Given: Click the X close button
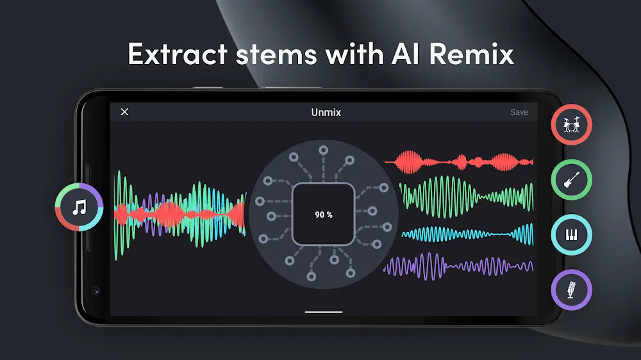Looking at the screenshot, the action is tap(125, 111).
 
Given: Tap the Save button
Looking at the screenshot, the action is tap(519, 112).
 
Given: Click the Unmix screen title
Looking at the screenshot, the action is tap(326, 112).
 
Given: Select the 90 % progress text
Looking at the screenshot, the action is tap(323, 215).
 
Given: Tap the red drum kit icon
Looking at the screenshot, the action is tap(572, 125).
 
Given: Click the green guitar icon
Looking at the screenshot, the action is tap(572, 180).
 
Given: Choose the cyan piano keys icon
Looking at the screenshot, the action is tap(572, 234).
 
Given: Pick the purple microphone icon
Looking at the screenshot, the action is tap(572, 290).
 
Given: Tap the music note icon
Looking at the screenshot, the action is tap(79, 207).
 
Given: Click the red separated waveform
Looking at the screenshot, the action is tap(459, 162).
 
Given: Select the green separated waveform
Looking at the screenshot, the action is tap(466, 197).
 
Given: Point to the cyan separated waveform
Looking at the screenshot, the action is tap(468, 234).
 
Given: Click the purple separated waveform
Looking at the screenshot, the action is tap(458, 266).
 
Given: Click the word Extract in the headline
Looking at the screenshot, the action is tap(178, 54).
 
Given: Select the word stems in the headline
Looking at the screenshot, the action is tap(276, 54).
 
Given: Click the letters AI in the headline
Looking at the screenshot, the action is tap(405, 54).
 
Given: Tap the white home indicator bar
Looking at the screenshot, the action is tap(323, 312).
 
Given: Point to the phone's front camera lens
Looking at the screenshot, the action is tap(96, 291).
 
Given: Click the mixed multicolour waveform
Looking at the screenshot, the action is tap(180, 215).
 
